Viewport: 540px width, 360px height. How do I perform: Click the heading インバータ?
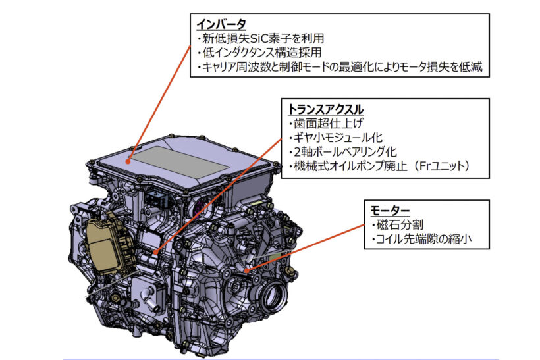point(221,24)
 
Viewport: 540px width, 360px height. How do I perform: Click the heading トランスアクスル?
point(325,109)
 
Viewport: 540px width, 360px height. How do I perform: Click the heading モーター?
point(390,210)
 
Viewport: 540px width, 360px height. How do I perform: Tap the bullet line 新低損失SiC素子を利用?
point(261,38)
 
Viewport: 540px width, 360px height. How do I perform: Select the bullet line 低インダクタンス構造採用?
point(259,52)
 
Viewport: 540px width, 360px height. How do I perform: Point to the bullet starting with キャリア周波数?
point(340,66)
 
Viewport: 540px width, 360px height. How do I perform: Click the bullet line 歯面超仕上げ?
point(326,123)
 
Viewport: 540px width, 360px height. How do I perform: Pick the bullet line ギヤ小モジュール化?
point(336,138)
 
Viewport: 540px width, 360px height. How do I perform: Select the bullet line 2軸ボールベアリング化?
point(343,152)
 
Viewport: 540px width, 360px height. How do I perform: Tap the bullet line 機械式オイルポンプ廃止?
point(348,167)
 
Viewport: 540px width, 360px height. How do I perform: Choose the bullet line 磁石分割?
point(397,224)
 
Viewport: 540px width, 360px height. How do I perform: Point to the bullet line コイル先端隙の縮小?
point(421,238)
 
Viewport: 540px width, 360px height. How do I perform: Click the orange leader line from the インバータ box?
point(160,103)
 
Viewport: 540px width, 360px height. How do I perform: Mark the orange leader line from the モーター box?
point(306,248)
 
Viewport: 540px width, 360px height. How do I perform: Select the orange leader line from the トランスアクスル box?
point(219,195)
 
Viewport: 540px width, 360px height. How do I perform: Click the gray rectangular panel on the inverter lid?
point(180,163)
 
